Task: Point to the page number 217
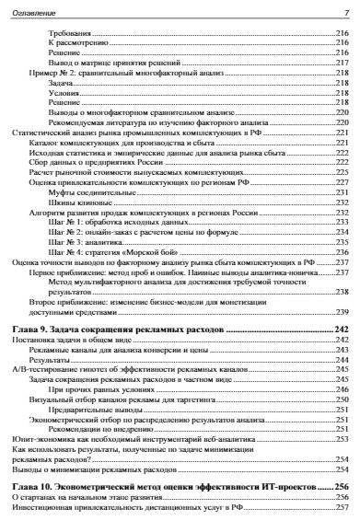pyautogui.click(x=342, y=64)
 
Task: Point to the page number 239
pyautogui.click(x=342, y=312)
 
